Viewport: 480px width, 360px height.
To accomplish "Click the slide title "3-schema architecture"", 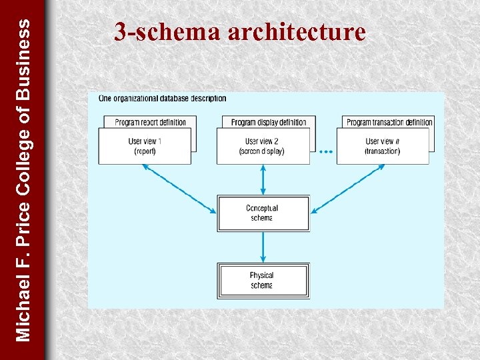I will tap(239, 31).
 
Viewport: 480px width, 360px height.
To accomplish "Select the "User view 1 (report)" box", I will tap(145, 146).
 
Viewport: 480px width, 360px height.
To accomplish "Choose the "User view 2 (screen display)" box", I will tap(263, 146).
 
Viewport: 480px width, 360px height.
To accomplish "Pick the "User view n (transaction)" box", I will tap(383, 146).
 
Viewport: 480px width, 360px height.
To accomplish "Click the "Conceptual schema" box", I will tap(263, 213).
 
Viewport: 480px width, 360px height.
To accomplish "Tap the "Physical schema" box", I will tap(263, 280).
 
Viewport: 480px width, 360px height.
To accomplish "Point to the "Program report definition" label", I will tap(151, 122).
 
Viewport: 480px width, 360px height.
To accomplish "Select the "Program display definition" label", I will tap(269, 122).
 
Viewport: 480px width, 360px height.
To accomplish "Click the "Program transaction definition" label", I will tap(389, 122).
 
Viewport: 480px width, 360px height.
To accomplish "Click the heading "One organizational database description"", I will tap(162, 99).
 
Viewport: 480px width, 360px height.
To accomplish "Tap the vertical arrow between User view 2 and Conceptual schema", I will tap(263, 180).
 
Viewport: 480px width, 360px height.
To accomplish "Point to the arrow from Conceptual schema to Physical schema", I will tap(263, 247).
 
